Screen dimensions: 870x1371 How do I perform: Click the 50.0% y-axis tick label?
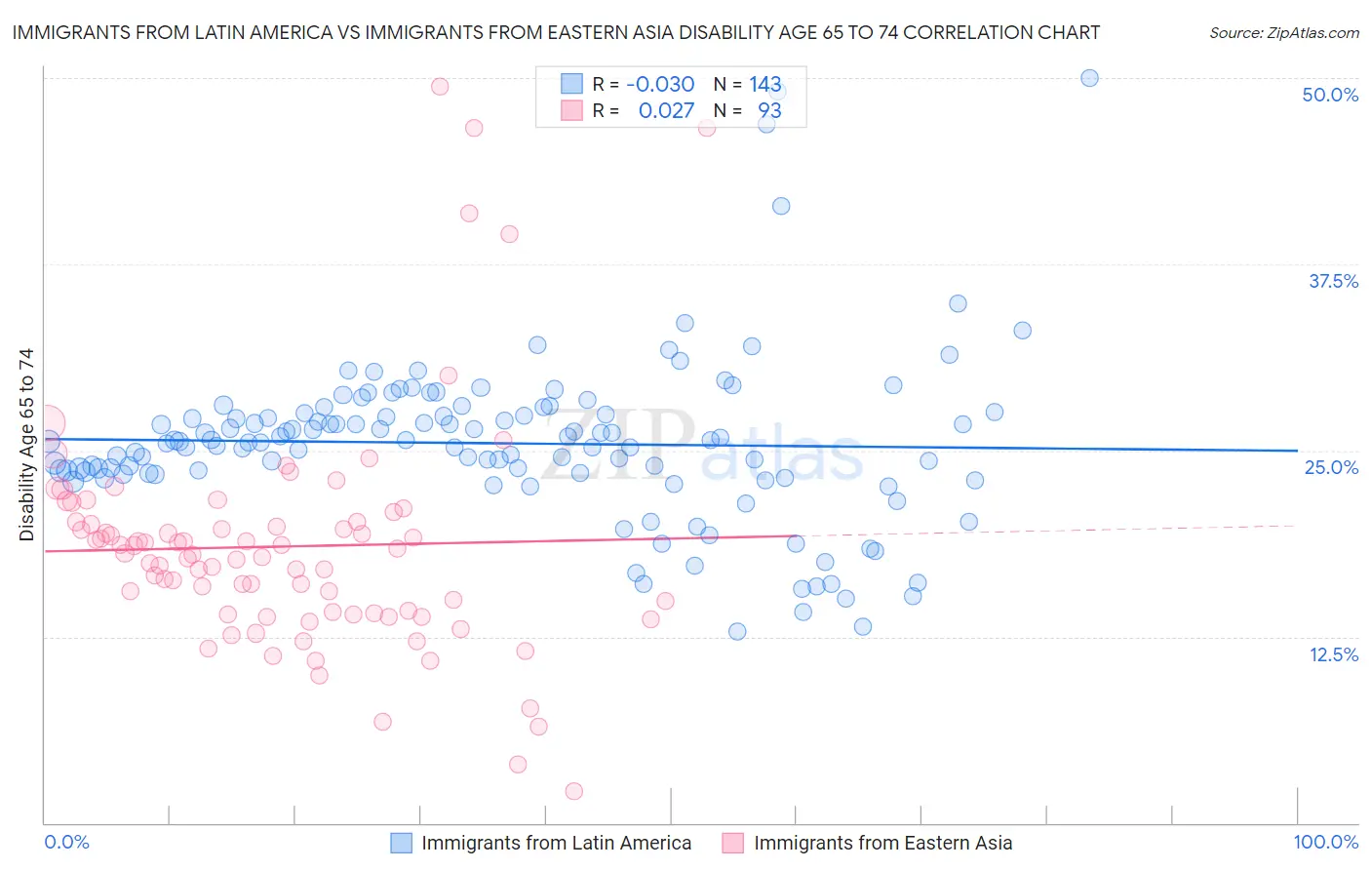[1330, 95]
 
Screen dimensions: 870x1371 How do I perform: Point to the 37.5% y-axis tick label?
[1333, 281]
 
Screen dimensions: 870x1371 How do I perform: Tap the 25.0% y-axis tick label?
[1331, 467]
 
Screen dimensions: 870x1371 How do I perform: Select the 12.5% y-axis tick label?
[1333, 654]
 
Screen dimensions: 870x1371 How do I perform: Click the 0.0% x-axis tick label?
[67, 843]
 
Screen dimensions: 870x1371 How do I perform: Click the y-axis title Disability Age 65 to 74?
[26, 445]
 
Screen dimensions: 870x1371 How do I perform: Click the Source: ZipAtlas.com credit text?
[1283, 33]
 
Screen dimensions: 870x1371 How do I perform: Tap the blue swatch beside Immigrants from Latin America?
[402, 844]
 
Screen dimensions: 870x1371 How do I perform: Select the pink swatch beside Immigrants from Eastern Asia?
[733, 844]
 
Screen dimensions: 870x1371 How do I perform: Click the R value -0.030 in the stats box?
[660, 85]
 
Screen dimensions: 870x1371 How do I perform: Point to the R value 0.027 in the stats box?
[666, 111]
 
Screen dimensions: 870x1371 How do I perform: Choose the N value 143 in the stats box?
[765, 85]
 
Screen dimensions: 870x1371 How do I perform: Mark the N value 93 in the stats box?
[769, 111]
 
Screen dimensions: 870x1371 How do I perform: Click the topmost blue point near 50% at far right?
[1089, 78]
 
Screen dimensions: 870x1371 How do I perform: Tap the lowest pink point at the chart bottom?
[573, 791]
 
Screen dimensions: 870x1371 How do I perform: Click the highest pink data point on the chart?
[440, 87]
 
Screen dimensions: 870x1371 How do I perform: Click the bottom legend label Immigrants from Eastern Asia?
[882, 844]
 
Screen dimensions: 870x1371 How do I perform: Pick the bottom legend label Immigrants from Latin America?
[556, 844]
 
